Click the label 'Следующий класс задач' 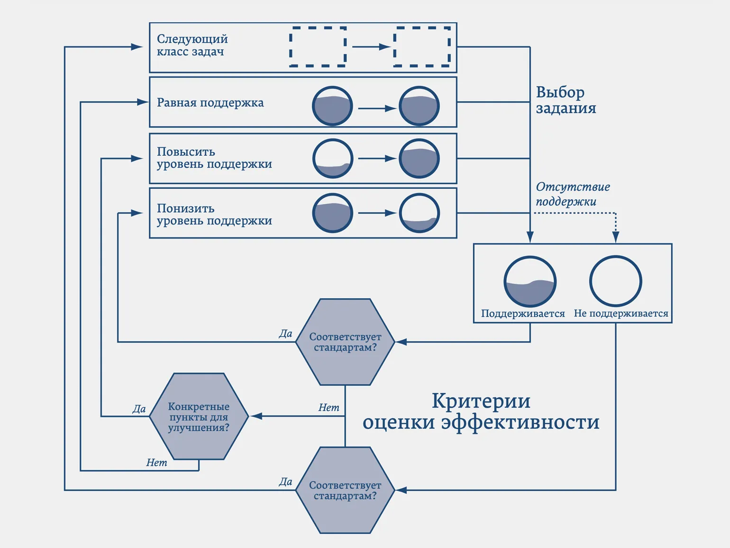[x=192, y=46]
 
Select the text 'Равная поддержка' [x=210, y=102]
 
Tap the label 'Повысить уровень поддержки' [x=214, y=158]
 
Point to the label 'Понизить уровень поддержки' [x=214, y=214]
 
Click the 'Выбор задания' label [x=566, y=100]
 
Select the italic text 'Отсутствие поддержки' [x=573, y=194]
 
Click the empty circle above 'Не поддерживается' [x=615, y=281]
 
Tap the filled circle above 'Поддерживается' [x=529, y=281]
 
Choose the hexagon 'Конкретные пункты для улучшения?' [x=199, y=417]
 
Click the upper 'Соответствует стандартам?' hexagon [x=345, y=342]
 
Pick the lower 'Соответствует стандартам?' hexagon [x=345, y=490]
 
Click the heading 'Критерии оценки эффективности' [x=481, y=411]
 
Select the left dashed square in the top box [x=318, y=46]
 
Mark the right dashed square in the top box [x=422, y=46]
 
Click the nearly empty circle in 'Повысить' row [x=333, y=158]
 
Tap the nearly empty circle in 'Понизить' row [x=419, y=213]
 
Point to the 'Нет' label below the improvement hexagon [x=156, y=463]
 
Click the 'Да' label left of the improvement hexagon [x=139, y=409]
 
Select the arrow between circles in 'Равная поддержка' [x=377, y=109]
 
